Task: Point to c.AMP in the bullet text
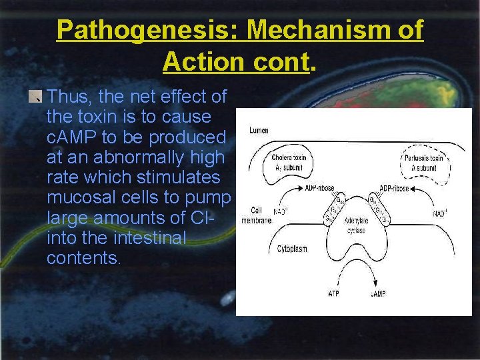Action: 78,137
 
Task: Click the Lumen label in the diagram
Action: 259,131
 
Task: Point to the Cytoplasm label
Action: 292,249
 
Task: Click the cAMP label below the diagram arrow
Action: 379,293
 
